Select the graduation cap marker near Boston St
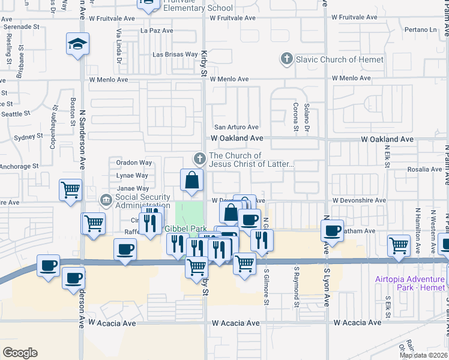click(77, 45)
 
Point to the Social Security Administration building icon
click(106, 199)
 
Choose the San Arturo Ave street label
click(237, 127)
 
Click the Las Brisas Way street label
click(175, 55)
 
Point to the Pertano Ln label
click(420, 29)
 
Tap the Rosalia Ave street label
click(424, 169)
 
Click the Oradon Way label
click(134, 163)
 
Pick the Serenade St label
click(21, 27)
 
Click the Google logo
click(20, 353)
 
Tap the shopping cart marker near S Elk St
click(399, 245)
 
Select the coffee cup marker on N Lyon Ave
click(331, 230)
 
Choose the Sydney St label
click(26, 137)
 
